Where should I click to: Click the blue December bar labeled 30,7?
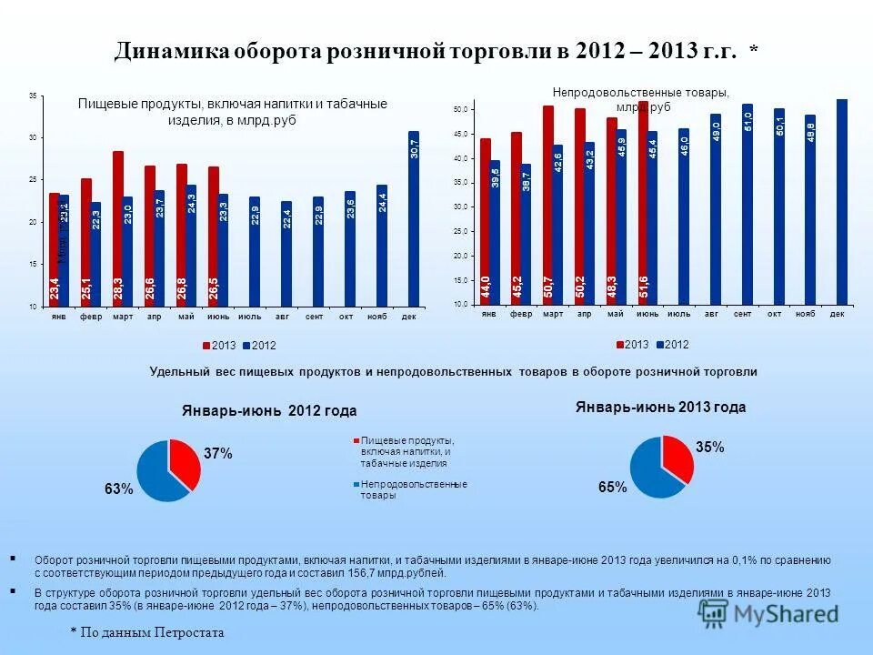coord(414,218)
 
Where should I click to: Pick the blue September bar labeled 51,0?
coord(747,205)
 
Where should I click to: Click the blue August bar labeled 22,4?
coord(286,254)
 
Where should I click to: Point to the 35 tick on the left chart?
coord(33,96)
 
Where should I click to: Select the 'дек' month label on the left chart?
coord(409,316)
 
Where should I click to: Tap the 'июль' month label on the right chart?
coord(678,314)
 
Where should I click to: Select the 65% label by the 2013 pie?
coord(612,488)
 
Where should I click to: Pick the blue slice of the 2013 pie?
coord(650,473)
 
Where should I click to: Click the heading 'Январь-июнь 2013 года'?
coord(660,408)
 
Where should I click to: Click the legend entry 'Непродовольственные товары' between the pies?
coord(413,489)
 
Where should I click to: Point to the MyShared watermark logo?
coord(769,615)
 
